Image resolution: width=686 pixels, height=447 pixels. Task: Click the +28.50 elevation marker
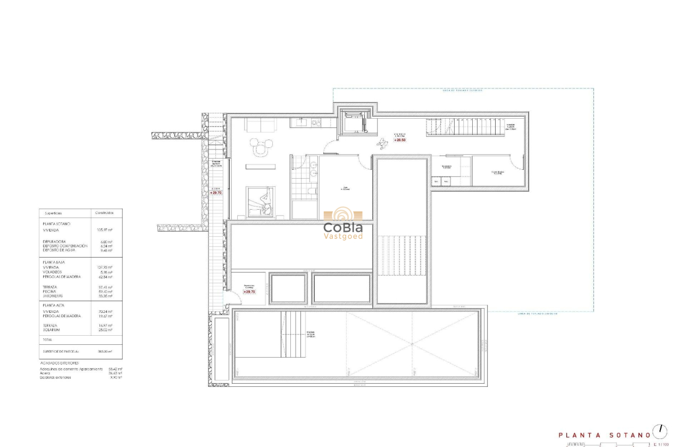(x=400, y=140)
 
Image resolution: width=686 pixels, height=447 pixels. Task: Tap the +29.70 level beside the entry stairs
(x=216, y=193)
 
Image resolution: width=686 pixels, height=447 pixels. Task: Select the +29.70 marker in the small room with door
(x=249, y=292)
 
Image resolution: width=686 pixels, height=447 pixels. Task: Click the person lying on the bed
(x=264, y=202)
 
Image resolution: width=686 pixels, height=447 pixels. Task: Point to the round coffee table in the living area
(x=260, y=151)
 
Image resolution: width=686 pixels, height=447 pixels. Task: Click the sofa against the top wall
(x=260, y=125)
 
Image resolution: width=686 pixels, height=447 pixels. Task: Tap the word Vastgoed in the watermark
(x=343, y=236)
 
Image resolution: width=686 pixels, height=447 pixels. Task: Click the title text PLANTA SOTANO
(x=604, y=435)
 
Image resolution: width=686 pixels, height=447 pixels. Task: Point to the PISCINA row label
(x=50, y=292)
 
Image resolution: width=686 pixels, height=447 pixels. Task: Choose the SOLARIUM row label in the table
(x=52, y=330)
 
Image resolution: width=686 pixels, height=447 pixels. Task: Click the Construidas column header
(x=104, y=213)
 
